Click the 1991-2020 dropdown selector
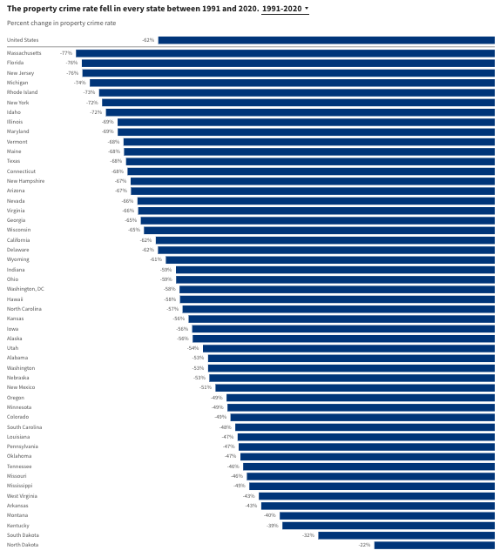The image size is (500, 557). pyautogui.click(x=285, y=8)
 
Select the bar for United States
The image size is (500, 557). pyautogui.click(x=326, y=40)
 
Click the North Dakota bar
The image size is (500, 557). pyautogui.click(x=434, y=545)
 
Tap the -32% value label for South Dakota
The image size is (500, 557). pyautogui.click(x=308, y=535)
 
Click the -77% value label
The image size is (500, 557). pyautogui.click(x=66, y=53)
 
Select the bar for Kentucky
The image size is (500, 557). pyautogui.click(x=388, y=526)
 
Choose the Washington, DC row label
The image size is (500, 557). pyautogui.click(x=26, y=289)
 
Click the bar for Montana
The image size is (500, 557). pyautogui.click(x=387, y=515)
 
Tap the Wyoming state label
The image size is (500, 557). pyautogui.click(x=18, y=259)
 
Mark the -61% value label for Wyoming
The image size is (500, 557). pyautogui.click(x=156, y=259)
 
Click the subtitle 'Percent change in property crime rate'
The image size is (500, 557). pyautogui.click(x=61, y=23)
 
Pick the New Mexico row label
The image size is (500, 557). pyautogui.click(x=23, y=387)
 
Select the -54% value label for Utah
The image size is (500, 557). pyautogui.click(x=193, y=348)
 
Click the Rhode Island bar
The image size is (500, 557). pyautogui.click(x=296, y=92)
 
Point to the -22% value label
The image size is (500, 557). pyautogui.click(x=366, y=545)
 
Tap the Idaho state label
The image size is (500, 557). pyautogui.click(x=14, y=112)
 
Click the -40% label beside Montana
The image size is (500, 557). pyautogui.click(x=270, y=515)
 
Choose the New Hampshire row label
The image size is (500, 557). pyautogui.click(x=26, y=181)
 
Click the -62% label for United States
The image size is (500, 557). pyautogui.click(x=148, y=40)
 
